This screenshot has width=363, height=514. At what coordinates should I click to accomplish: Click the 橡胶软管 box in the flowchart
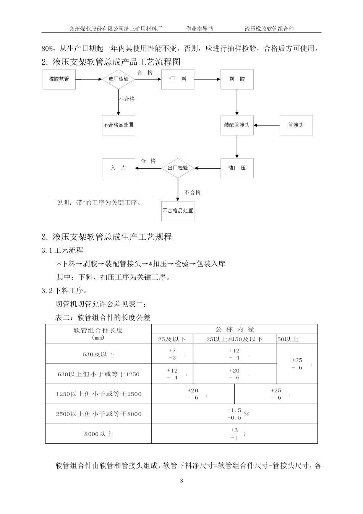(59, 79)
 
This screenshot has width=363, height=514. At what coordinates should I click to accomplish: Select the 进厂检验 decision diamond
(118, 79)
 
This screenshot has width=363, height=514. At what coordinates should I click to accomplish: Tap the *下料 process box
(178, 79)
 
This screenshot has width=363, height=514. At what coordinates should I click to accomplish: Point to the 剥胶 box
(237, 79)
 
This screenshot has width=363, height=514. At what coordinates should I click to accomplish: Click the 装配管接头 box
(237, 125)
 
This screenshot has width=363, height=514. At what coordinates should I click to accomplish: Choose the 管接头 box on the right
(296, 125)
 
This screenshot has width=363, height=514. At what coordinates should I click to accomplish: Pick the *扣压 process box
(237, 168)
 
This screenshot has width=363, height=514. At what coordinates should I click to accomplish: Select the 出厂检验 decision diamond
(178, 168)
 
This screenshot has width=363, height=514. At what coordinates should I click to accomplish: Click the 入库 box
(118, 168)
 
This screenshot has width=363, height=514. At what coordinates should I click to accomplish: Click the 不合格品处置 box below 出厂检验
(178, 211)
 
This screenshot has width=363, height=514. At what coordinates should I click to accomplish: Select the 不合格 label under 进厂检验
(127, 99)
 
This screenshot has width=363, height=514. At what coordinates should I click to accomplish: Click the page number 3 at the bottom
(181, 481)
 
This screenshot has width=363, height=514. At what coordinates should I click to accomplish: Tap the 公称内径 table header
(234, 329)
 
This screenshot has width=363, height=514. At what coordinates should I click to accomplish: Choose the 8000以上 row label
(99, 434)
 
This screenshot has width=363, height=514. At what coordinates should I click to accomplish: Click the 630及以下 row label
(99, 354)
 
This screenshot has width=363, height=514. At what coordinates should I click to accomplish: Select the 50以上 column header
(288, 339)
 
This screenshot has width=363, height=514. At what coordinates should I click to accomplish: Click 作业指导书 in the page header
(199, 29)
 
